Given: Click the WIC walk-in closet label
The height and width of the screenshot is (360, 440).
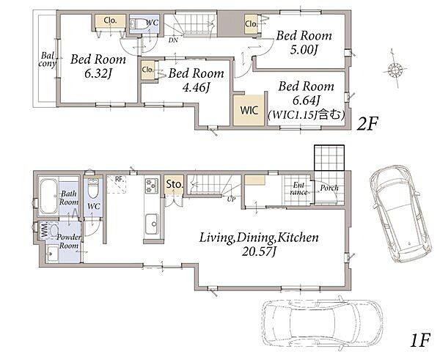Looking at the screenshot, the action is [x=249, y=110].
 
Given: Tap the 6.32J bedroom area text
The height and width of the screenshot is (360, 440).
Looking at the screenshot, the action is [x=98, y=74].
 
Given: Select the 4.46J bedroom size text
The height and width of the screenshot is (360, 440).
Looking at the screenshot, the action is [x=196, y=88].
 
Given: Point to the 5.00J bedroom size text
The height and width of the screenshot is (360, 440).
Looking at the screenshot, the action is [x=304, y=50].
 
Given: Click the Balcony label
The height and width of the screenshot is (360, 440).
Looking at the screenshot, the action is [x=47, y=59].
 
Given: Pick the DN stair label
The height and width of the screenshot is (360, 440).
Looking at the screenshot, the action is [x=173, y=40].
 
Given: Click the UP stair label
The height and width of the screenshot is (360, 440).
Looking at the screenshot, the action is [x=231, y=199].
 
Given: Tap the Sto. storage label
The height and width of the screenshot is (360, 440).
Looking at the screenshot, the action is [x=175, y=184].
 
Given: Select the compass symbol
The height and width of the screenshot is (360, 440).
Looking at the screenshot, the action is [x=395, y=69].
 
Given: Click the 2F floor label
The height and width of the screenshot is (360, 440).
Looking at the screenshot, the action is [x=367, y=124].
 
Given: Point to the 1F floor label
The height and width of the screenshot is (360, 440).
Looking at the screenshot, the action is [x=420, y=340].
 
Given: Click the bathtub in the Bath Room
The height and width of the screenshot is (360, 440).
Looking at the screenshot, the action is [x=48, y=196].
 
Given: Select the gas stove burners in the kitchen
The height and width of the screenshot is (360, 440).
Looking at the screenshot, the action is [x=152, y=185].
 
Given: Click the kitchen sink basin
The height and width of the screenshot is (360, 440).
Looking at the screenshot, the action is [x=152, y=224].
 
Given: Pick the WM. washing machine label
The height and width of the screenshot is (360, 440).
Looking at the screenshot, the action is [x=44, y=230].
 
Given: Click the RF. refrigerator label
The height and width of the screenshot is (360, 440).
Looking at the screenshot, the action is [x=120, y=179].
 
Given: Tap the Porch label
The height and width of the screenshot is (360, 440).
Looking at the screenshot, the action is [x=329, y=188].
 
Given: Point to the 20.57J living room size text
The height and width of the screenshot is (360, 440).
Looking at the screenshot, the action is [x=259, y=252].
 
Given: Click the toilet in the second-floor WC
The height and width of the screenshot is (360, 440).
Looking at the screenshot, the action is [x=139, y=24].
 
